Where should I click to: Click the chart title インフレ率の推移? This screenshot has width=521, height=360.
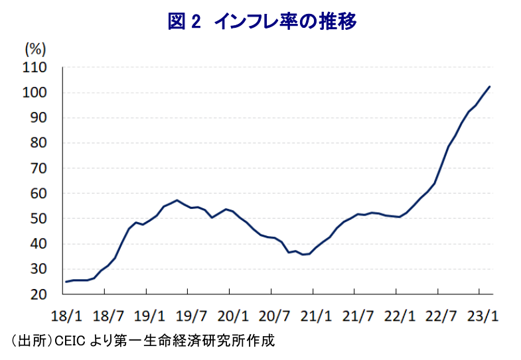(285, 22)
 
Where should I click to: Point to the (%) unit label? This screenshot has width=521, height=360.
(35, 50)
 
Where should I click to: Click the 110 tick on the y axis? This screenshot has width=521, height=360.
(35, 68)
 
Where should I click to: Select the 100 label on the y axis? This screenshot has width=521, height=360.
(35, 93)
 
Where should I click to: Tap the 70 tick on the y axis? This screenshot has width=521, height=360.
(38, 168)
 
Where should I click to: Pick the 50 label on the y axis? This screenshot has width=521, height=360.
(38, 219)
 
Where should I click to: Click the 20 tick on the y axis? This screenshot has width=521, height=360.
(38, 294)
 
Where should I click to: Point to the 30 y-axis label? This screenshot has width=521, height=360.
(38, 269)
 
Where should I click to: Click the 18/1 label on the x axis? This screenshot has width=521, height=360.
(66, 316)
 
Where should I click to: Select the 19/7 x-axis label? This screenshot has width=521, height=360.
(191, 316)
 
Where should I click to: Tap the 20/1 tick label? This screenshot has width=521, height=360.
(233, 316)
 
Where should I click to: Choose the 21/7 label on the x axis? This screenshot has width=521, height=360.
(358, 316)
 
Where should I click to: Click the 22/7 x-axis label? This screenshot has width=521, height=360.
(441, 316)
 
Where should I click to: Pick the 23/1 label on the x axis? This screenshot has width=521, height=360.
(483, 316)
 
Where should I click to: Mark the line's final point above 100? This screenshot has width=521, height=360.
(489, 87)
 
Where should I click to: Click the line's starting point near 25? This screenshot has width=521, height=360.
(66, 282)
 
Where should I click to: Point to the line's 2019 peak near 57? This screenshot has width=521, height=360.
(177, 200)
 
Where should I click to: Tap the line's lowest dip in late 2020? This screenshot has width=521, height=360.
(303, 255)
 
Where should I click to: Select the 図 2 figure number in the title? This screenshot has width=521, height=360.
(184, 22)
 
